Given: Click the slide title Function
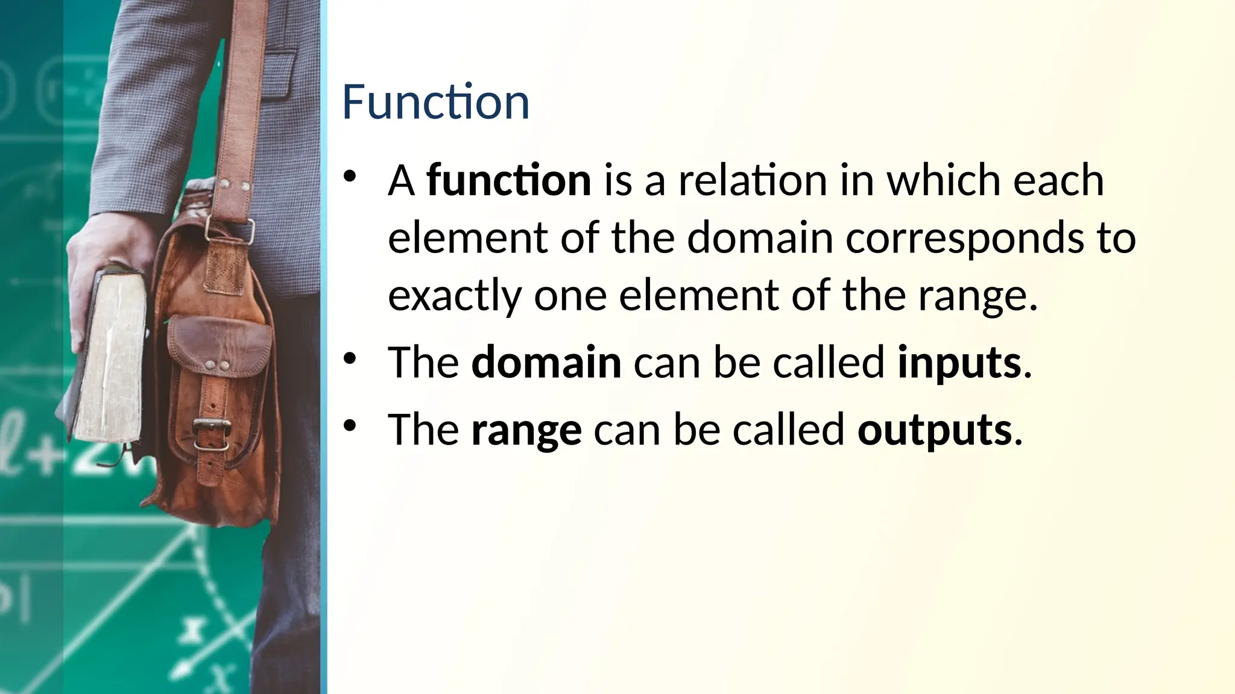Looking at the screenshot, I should pos(435,102).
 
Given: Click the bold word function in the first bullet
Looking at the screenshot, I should pos(509,180).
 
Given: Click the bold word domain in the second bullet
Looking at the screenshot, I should pos(546,363).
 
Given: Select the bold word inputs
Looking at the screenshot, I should pos(959,364).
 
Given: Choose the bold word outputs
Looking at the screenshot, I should pos(934,431).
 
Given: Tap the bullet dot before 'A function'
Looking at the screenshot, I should pos(350,177).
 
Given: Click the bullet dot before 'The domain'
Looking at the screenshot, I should pos(350,360).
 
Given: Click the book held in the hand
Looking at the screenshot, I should pos(112,355).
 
